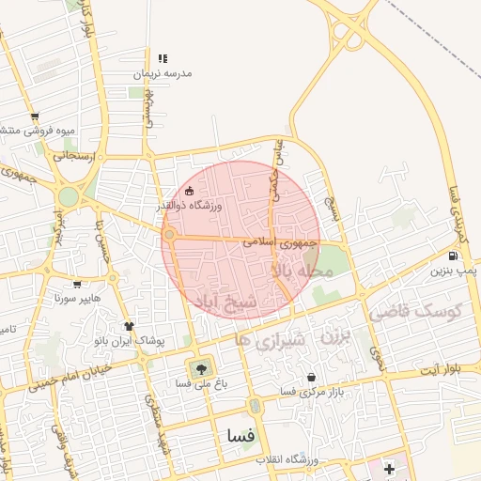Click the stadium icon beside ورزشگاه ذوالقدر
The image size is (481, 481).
point(191,192)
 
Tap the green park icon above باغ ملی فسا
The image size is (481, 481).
point(199,368)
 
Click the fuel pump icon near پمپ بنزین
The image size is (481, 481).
point(453,255)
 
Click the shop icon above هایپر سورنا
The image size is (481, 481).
point(77,282)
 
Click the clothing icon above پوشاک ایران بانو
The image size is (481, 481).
point(130,326)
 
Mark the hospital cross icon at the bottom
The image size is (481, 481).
point(389,467)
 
